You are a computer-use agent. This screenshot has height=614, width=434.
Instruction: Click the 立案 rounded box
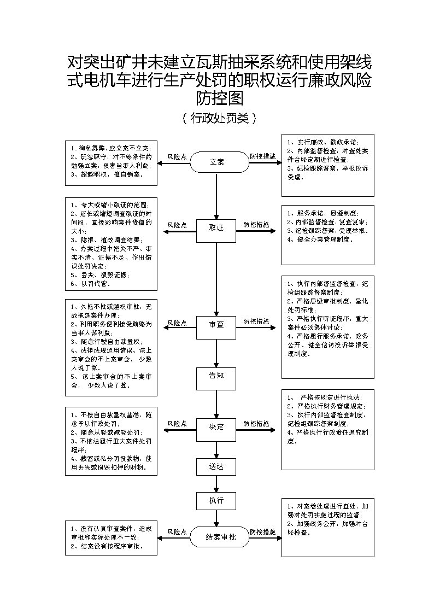(216, 162)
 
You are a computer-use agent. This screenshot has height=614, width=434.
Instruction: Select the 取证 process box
(216, 228)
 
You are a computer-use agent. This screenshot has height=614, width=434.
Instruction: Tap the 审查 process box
(216, 324)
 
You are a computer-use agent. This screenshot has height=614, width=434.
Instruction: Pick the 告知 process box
(216, 376)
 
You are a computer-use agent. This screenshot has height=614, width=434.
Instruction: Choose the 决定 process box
(216, 426)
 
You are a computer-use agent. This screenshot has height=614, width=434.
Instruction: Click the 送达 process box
(216, 467)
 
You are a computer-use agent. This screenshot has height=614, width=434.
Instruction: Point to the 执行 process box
(216, 500)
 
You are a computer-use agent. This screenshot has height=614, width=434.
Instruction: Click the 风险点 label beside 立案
(177, 156)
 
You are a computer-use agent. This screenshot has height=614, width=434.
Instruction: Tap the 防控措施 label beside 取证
(256, 224)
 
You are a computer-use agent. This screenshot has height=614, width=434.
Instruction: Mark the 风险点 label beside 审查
(177, 323)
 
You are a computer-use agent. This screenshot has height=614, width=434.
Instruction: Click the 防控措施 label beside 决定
(256, 423)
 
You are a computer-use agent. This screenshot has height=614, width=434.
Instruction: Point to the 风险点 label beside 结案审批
(177, 531)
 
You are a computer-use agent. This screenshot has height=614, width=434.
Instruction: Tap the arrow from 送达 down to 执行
(216, 484)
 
